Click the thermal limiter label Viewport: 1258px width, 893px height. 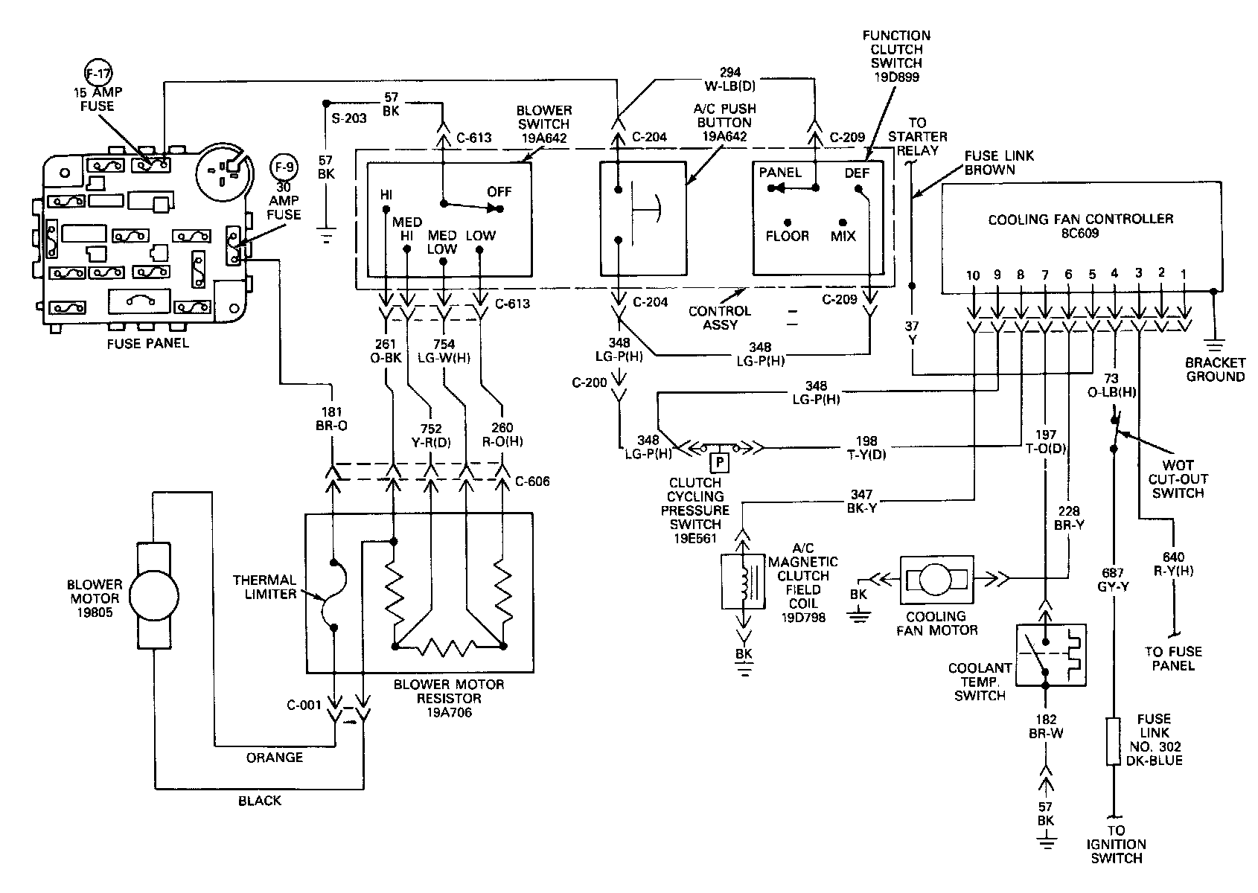pyautogui.click(x=264, y=586)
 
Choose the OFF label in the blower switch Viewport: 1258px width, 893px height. pyautogui.click(x=499, y=192)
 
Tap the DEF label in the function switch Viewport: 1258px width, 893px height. pyautogui.click(x=857, y=173)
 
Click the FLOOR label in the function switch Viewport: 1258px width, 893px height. pyautogui.click(x=787, y=236)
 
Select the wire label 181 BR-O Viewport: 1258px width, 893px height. pyautogui.click(x=332, y=420)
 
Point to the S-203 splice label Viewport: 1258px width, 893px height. pyautogui.click(x=348, y=118)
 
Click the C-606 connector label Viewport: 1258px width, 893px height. pyautogui.click(x=532, y=481)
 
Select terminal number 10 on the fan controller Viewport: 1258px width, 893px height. pyautogui.click(x=973, y=275)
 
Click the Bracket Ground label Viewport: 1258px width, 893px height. pyautogui.click(x=1216, y=370)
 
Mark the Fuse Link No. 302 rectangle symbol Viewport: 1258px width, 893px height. pyautogui.click(x=1113, y=741)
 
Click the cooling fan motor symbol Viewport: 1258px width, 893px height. pyautogui.click(x=936, y=578)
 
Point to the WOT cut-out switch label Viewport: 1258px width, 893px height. pyautogui.click(x=1178, y=478)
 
